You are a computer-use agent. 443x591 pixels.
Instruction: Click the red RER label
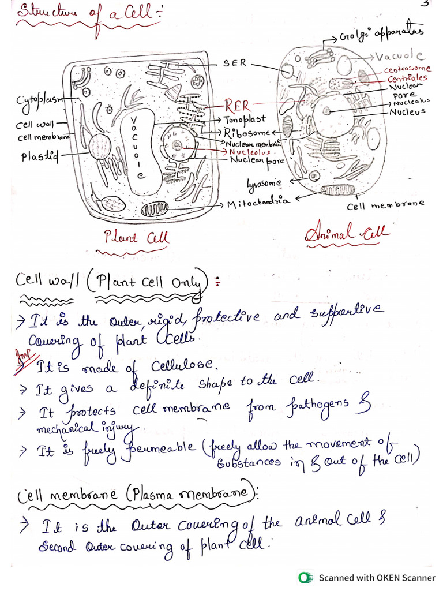pos(238,106)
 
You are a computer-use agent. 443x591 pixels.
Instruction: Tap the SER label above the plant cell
pos(234,63)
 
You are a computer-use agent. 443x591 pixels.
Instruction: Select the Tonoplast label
pos(245,119)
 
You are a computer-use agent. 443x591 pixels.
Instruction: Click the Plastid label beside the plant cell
pos(40,156)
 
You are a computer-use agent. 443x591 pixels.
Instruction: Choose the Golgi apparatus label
pos(381,33)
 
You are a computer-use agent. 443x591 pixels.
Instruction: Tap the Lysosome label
pos(264,184)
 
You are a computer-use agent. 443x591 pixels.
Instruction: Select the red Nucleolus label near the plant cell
pos(249,152)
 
